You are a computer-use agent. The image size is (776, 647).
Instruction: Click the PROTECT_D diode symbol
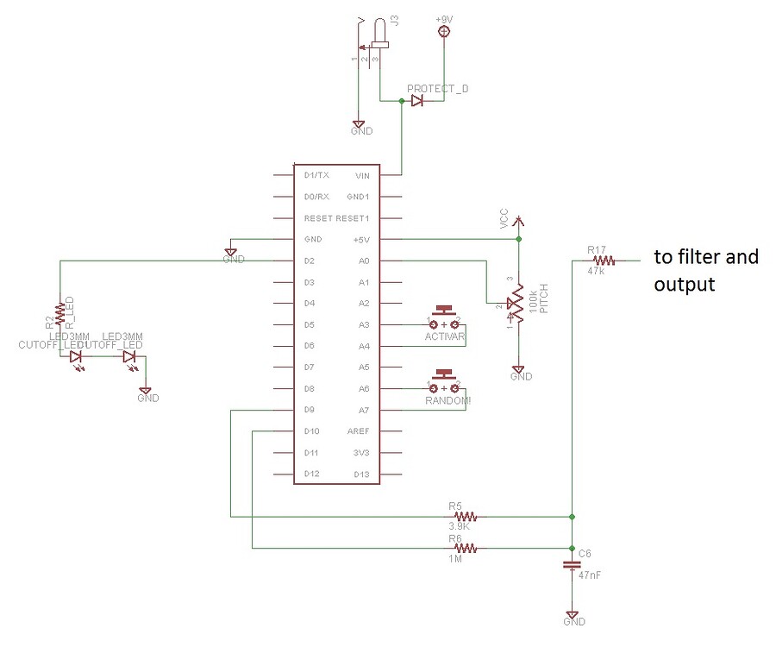pyautogui.click(x=417, y=101)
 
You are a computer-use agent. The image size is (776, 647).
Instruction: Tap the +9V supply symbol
pyautogui.click(x=445, y=32)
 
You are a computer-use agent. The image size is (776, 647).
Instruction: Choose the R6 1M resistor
pyautogui.click(x=465, y=548)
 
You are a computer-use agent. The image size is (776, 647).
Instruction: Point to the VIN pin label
pyautogui.click(x=362, y=175)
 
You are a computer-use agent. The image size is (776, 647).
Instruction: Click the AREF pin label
pyautogui.click(x=358, y=431)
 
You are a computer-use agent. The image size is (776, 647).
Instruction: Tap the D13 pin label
pyautogui.click(x=361, y=474)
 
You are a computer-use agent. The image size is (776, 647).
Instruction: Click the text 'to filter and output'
pyautogui.click(x=705, y=270)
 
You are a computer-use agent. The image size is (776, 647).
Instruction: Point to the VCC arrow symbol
pyautogui.click(x=517, y=223)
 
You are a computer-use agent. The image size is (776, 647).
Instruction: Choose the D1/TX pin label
pyautogui.click(x=316, y=175)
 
